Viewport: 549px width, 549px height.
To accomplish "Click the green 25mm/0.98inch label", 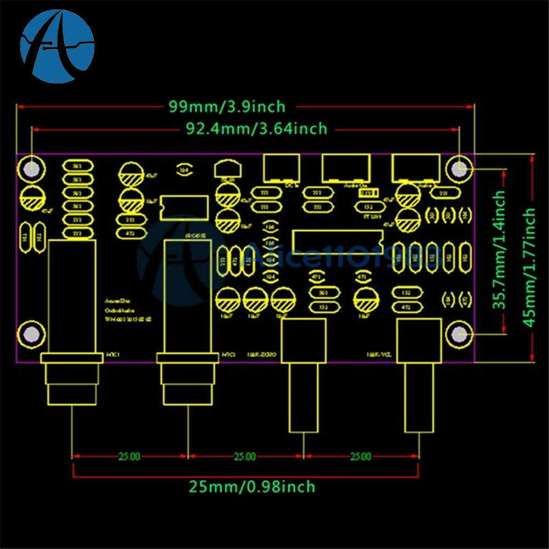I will pyautogui.click(x=253, y=486).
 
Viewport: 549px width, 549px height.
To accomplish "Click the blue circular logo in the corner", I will pyautogui.click(x=57, y=46).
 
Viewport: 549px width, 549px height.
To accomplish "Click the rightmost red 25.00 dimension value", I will pyautogui.click(x=360, y=456).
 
